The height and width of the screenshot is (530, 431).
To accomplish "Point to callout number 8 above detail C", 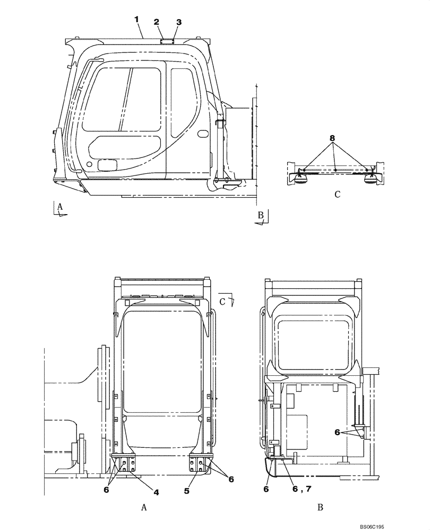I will [x=332, y=138].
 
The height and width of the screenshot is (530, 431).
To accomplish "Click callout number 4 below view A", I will [x=156, y=492].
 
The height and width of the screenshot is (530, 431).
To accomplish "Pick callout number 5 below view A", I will [x=187, y=491].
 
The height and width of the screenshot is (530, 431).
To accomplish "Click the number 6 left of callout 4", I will [x=106, y=490].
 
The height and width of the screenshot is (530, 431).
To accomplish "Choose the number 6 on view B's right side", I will [x=337, y=432].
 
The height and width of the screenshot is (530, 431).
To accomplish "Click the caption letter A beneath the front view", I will [x=144, y=507].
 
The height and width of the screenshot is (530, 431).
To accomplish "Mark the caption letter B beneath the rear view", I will [x=320, y=507].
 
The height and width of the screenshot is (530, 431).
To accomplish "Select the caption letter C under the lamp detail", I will [x=337, y=195].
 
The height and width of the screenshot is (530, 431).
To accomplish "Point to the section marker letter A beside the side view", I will [x=61, y=207].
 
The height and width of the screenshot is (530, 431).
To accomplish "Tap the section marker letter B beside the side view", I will [x=260, y=215].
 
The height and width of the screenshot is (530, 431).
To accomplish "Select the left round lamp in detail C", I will [x=301, y=179].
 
